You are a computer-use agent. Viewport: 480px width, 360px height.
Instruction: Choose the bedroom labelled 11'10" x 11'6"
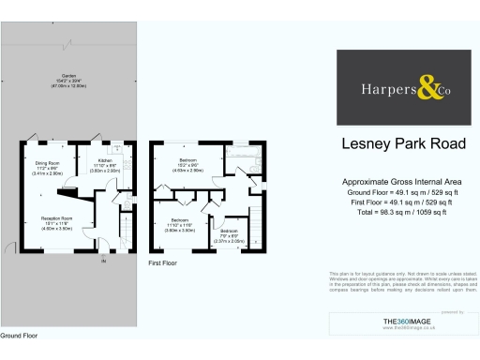click(x=181, y=221)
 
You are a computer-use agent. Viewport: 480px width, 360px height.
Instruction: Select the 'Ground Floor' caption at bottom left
click(x=19, y=335)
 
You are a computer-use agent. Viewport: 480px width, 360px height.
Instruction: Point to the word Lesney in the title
click(x=361, y=144)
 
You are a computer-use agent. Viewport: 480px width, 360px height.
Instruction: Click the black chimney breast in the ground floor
click(x=67, y=191)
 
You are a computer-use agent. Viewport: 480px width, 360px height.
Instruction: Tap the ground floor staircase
click(x=124, y=225)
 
